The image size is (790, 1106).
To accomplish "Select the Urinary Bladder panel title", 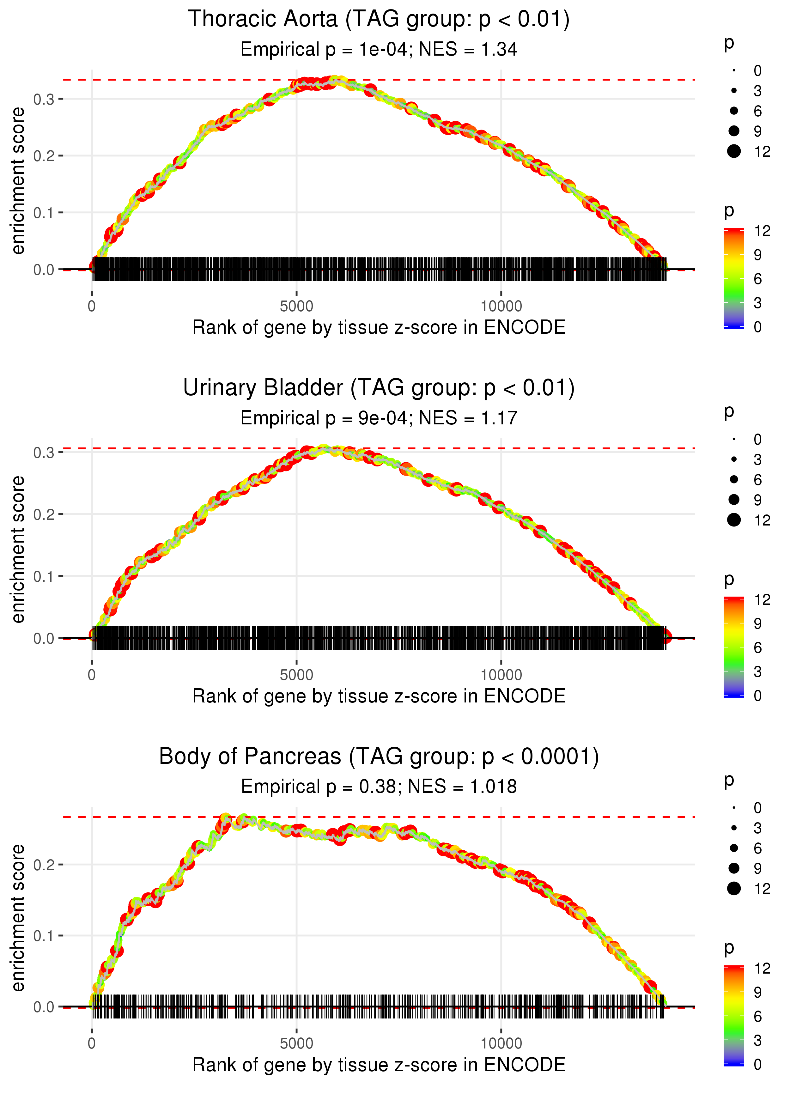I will tap(379, 388).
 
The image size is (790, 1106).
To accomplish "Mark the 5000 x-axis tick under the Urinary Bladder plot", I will tap(296, 675).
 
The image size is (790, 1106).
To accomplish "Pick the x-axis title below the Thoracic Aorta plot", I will tap(379, 327).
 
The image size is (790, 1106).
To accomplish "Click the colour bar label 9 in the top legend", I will tap(757, 255).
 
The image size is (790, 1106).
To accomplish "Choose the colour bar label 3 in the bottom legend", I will tap(757, 1040).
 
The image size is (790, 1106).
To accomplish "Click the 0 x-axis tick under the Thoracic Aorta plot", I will tap(92, 307).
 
